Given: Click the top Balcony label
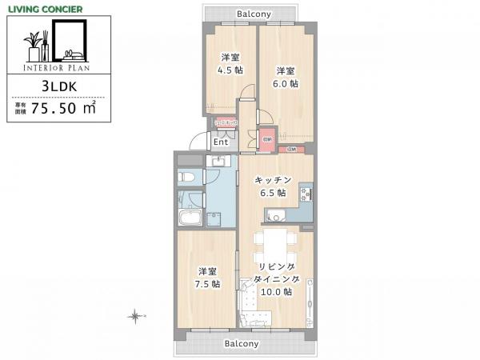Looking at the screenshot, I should click(255, 14).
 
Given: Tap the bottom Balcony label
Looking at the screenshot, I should click(241, 343).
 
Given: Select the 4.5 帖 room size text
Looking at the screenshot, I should click(229, 70).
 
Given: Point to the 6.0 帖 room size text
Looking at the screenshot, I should click(285, 82).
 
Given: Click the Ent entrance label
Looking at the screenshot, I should click(222, 143).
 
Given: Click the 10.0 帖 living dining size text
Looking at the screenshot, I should click(276, 292).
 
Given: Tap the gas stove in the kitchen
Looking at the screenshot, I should click(305, 194).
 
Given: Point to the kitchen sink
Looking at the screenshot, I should click(274, 214).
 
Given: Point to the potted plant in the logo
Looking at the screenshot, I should click(36, 44).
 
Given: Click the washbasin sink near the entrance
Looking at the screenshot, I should click(216, 162).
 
